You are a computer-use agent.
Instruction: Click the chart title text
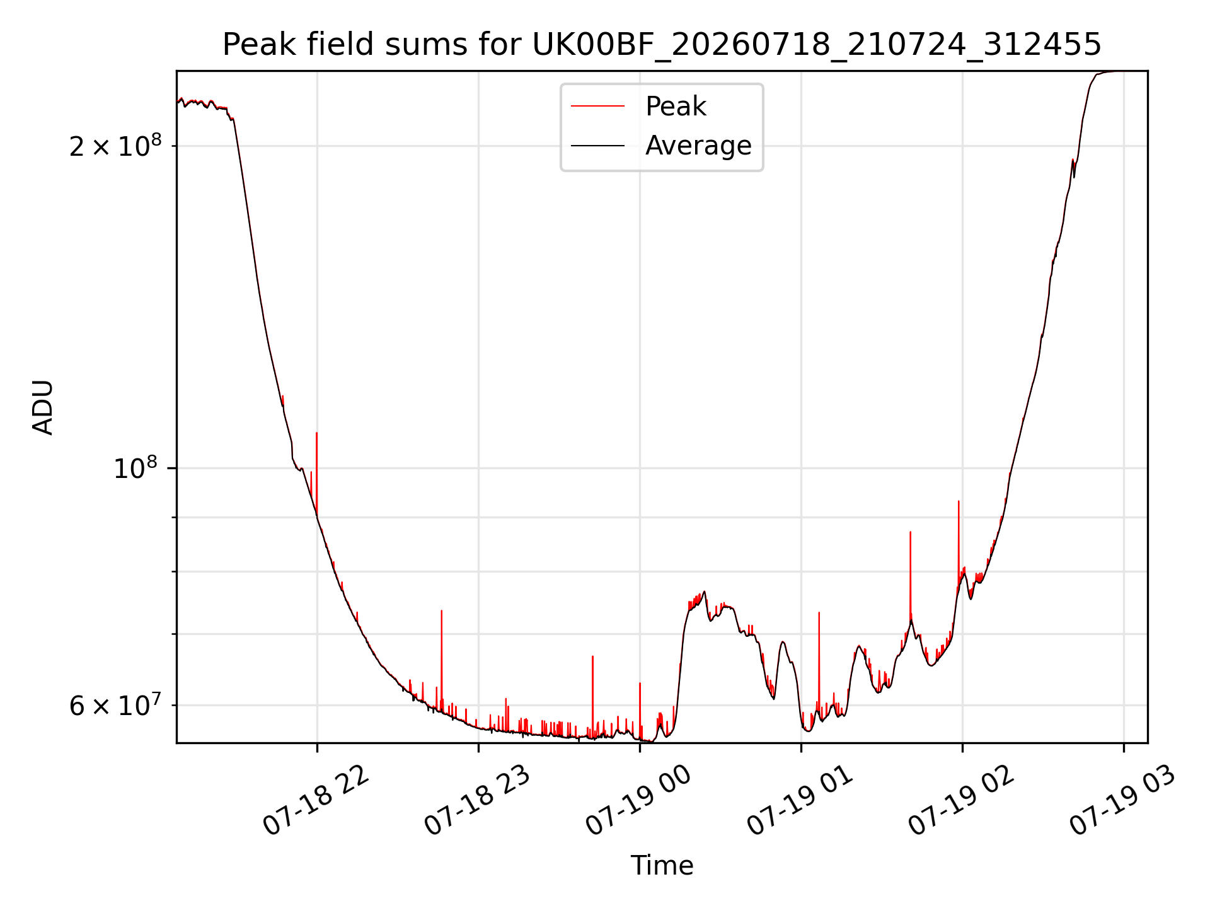[x=662, y=45]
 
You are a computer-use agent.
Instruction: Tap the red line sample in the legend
[x=597, y=107]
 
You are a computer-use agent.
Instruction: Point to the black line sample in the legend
[x=597, y=146]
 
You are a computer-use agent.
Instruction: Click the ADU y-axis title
[x=43, y=407]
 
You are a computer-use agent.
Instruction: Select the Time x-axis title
[x=662, y=866]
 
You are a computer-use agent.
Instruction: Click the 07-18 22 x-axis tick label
[x=316, y=801]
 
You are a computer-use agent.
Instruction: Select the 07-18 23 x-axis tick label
[x=477, y=801]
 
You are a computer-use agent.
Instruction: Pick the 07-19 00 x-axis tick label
[x=638, y=801]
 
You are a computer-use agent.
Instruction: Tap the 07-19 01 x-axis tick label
[x=800, y=801]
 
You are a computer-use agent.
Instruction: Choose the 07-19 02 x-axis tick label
[x=961, y=801]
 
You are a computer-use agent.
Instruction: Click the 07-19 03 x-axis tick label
[x=1122, y=801]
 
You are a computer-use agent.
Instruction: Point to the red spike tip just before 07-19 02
[x=959, y=501]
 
